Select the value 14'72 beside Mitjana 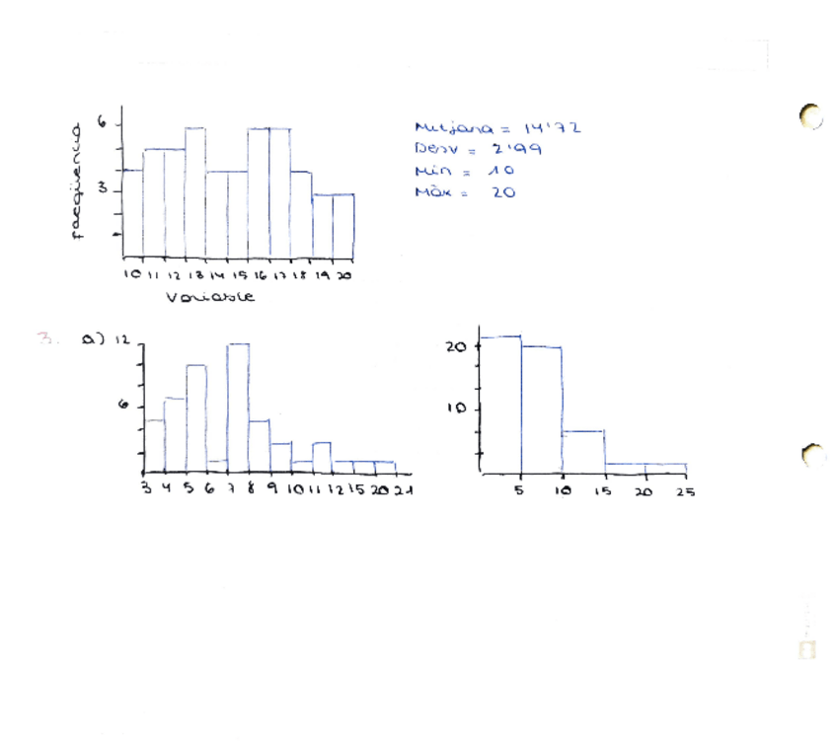[552, 128]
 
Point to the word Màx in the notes [432, 192]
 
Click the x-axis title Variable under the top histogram [209, 296]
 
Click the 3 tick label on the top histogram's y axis [102, 190]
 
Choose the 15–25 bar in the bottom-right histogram [646, 469]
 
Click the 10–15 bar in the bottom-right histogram [582, 452]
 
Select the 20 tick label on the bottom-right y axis [456, 347]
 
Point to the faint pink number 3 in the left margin [44, 337]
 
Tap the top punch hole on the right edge [810, 116]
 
